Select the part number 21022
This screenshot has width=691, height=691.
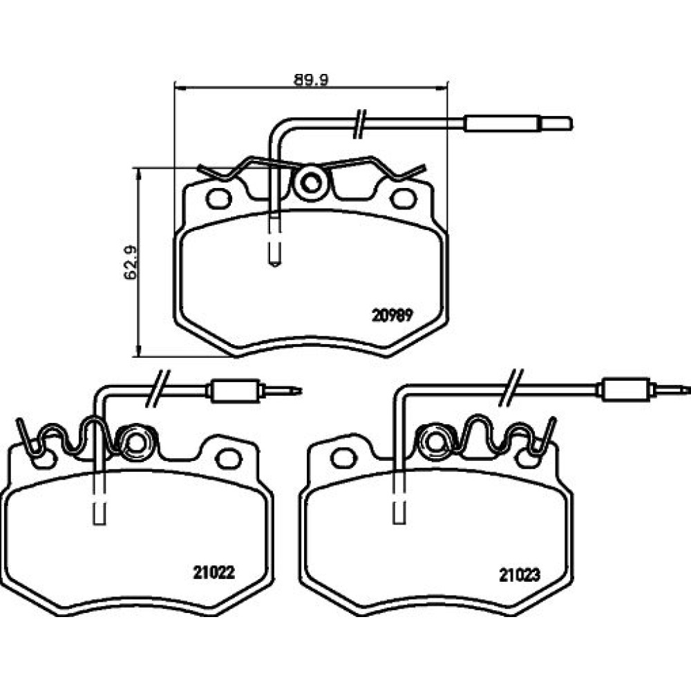tap(214, 572)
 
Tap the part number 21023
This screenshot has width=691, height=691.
tap(520, 575)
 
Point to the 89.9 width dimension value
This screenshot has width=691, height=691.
tap(311, 79)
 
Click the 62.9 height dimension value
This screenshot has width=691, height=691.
tap(131, 262)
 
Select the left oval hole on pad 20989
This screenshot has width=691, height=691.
tap(218, 199)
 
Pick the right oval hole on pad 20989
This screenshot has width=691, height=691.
tap(404, 199)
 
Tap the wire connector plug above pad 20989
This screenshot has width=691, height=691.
tap(518, 124)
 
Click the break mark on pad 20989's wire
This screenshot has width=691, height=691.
tap(360, 124)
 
